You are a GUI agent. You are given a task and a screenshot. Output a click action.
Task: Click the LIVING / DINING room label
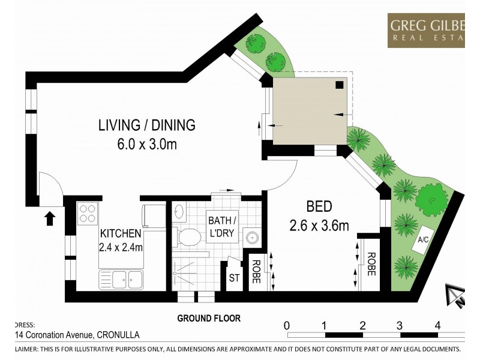click(x=147, y=125)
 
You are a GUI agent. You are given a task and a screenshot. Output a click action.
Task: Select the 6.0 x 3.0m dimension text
click(x=147, y=144)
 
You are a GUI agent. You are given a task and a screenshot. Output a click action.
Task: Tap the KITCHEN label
click(x=121, y=233)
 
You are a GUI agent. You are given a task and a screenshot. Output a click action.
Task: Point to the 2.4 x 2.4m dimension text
click(x=121, y=246)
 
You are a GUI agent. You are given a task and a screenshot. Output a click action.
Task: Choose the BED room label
click(x=319, y=207)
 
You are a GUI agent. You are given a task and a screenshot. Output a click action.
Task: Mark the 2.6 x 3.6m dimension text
click(x=319, y=226)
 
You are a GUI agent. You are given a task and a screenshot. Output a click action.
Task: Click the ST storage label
click(x=234, y=278)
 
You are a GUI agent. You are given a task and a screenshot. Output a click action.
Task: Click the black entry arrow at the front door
click(x=50, y=217)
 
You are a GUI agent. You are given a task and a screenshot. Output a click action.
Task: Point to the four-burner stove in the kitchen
click(x=88, y=213)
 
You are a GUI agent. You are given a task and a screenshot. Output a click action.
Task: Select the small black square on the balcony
click(x=340, y=85)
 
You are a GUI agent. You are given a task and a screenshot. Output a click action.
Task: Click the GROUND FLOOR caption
click(x=208, y=319)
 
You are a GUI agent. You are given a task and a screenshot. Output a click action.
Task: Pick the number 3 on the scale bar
click(x=400, y=325)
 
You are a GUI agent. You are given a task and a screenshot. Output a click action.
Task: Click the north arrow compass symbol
click(x=456, y=295)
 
